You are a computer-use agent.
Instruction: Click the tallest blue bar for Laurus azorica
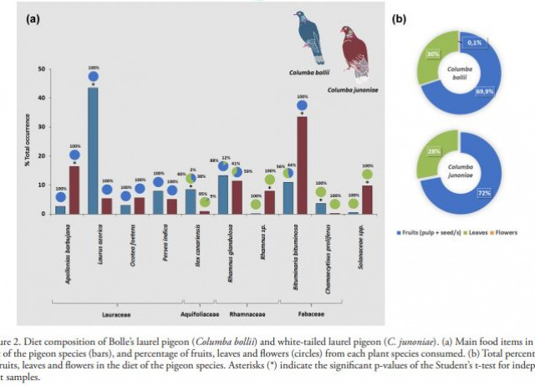pos(93,150)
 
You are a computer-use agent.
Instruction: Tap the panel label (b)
pos(400,17)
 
